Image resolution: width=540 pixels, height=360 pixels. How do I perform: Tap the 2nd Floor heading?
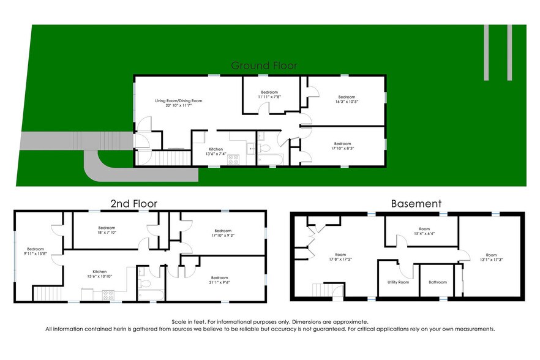pos(133,203)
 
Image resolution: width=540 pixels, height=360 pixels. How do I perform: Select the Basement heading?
pos(416,203)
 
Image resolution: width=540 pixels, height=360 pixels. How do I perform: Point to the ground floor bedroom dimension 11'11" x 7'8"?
pos(268,97)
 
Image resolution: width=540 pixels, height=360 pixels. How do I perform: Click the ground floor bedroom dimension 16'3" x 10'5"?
pos(347,102)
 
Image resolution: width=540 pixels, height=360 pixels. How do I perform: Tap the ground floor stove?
pos(233,160)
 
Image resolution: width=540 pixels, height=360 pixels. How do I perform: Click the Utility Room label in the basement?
pos(398,282)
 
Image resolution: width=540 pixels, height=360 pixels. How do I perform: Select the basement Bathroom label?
pos(438,282)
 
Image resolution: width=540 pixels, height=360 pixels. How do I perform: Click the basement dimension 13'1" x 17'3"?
pos(492,260)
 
